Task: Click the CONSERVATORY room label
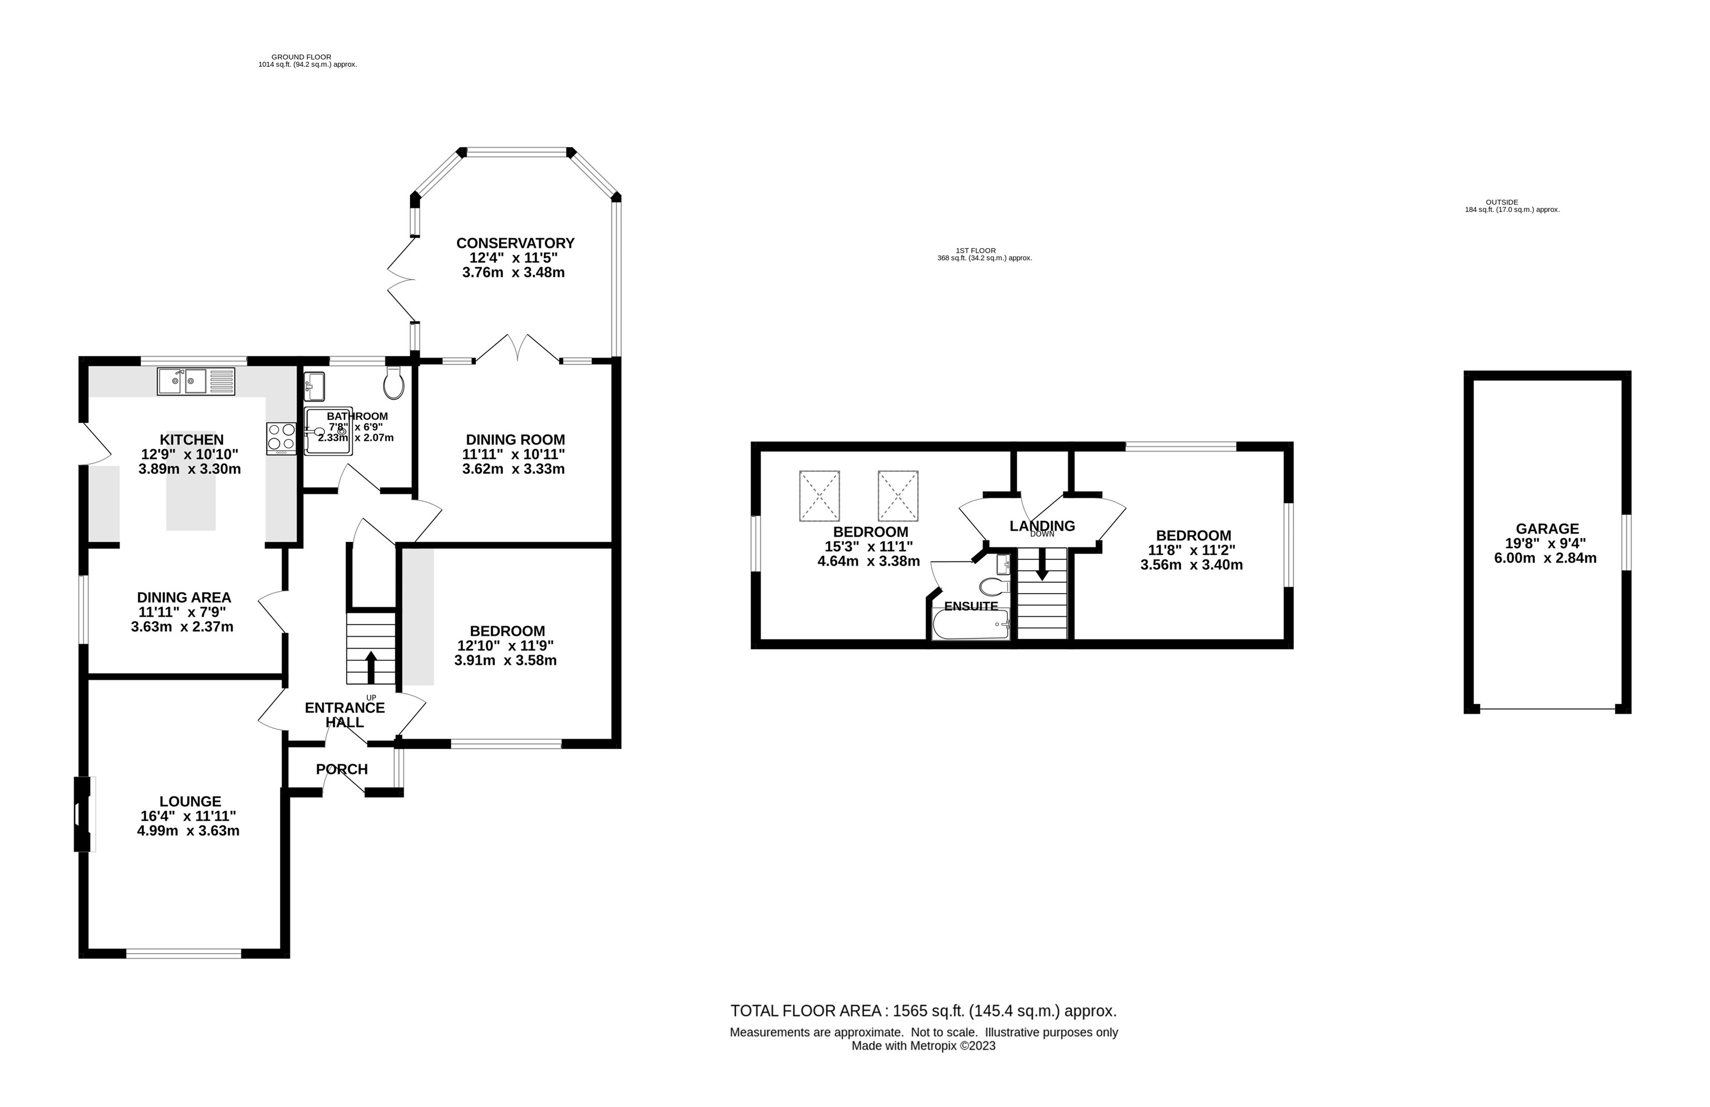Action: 515,243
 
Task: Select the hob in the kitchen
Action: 281,438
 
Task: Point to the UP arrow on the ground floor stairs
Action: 370,667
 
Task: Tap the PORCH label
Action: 342,769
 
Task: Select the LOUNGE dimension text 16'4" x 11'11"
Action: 189,816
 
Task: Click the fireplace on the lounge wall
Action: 84,814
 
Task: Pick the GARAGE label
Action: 1547,529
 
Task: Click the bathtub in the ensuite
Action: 971,625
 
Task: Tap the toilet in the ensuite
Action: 994,587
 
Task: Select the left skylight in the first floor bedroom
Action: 819,496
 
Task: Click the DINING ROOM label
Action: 515,440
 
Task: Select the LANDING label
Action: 1042,526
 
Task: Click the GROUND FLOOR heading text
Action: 301,57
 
